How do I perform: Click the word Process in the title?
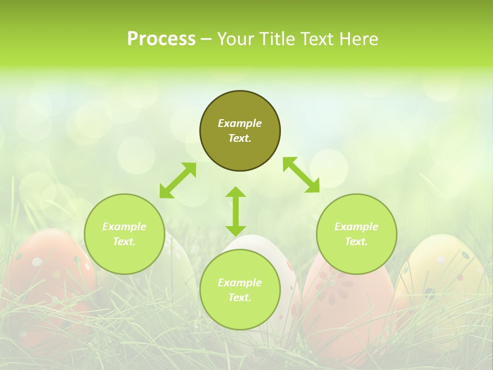(x=161, y=39)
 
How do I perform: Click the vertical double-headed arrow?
(x=236, y=211)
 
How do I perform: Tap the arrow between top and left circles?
(x=178, y=180)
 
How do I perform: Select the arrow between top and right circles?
(x=301, y=175)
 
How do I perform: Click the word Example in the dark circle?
(x=240, y=123)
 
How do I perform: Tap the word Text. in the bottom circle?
(x=240, y=298)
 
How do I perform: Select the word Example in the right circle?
(x=356, y=227)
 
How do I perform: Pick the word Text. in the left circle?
(x=124, y=242)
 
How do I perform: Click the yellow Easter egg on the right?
(x=442, y=277)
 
